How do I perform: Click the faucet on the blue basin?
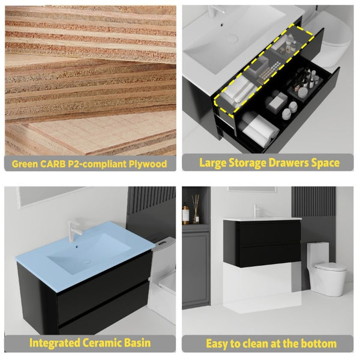pyautogui.click(x=74, y=231)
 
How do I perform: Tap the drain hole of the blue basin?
pyautogui.click(x=86, y=262)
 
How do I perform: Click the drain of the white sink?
pyautogui.click(x=232, y=38)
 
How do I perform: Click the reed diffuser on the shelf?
pyautogui.click(x=196, y=209)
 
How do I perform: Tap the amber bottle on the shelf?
pyautogui.click(x=185, y=214)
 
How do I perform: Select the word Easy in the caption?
pyautogui.click(x=217, y=344)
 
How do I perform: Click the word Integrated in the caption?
pyautogui.click(x=55, y=343)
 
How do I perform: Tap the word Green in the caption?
pyautogui.click(x=25, y=164)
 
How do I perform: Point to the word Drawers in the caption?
pyautogui.click(x=289, y=163)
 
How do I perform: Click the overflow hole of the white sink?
pyautogui.click(x=222, y=24)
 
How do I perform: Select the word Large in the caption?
pyautogui.click(x=213, y=163)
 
